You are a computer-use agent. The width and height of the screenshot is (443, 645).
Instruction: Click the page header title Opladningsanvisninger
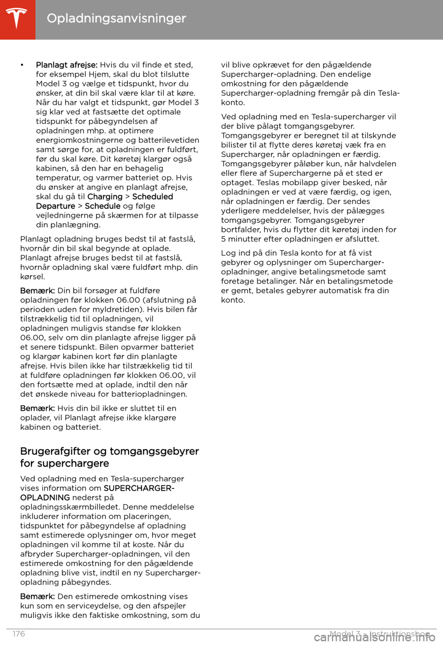tap(116, 18)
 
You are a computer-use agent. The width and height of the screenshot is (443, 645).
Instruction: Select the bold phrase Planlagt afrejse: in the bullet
tap(66, 65)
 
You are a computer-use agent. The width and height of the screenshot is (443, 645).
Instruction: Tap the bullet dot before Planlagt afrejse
tap(22, 65)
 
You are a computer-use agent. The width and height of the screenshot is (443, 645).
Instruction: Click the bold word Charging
tap(105, 197)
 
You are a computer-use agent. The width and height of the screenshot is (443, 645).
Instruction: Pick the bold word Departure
tap(55, 206)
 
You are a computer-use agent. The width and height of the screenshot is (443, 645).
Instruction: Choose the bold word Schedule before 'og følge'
tap(102, 206)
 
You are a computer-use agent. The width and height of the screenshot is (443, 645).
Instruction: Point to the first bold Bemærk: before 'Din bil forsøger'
tap(37, 291)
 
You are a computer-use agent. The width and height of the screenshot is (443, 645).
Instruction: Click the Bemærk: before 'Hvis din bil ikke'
tap(37, 408)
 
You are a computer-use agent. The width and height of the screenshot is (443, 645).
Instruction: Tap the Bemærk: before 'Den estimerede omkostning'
tap(37, 596)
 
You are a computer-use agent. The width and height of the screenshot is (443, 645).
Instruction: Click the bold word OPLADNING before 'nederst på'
tap(45, 498)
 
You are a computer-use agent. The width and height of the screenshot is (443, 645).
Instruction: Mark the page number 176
tap(19, 634)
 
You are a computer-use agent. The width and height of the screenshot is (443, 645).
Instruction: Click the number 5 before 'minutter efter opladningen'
tap(223, 239)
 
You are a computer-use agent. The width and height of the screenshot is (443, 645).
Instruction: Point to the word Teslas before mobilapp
tap(268, 183)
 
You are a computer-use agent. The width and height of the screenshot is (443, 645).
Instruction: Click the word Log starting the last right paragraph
tap(228, 253)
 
